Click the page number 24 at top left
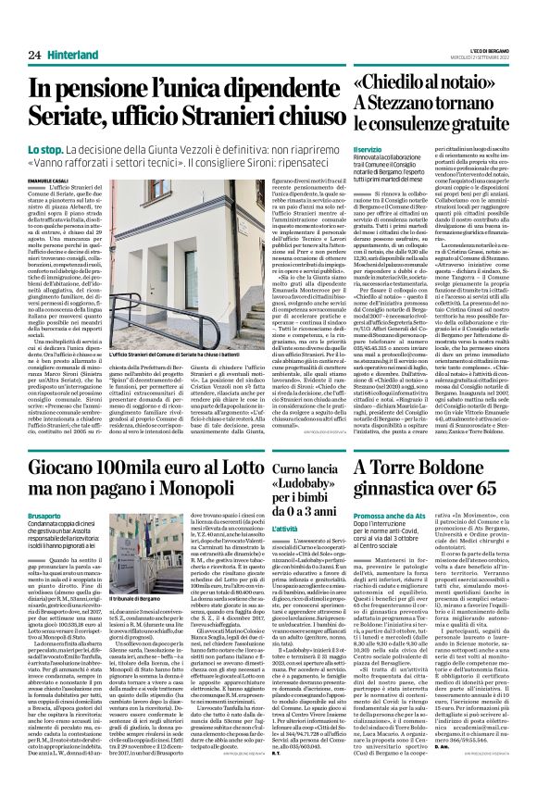tap(34, 56)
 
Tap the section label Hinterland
tap(77, 56)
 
